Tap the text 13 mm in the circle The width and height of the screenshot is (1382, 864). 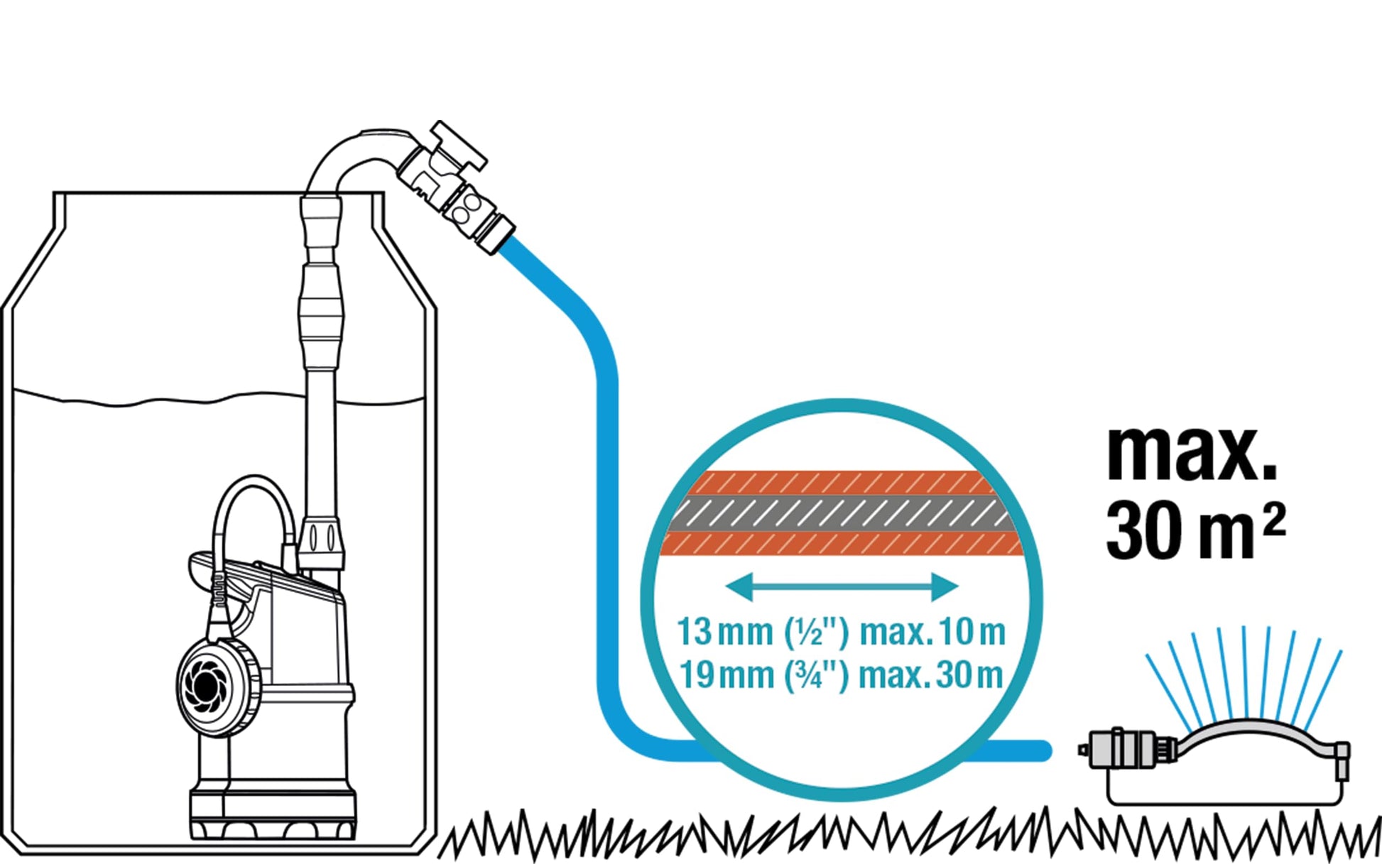pos(724,631)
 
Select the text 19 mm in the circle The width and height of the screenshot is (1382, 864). pos(726,674)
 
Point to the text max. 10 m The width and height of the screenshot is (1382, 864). pos(932,631)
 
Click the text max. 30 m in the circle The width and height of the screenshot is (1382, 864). pos(931,674)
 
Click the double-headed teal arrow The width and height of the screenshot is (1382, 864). pos(842,586)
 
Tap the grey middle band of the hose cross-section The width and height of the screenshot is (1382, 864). pos(842,513)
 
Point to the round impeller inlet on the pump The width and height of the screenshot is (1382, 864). pos(206,685)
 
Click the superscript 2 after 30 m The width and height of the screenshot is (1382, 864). pos(1275,521)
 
